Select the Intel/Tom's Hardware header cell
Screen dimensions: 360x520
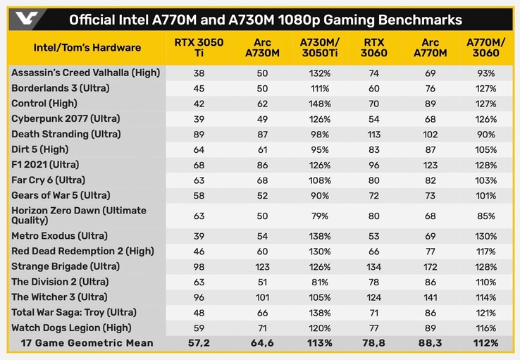87,48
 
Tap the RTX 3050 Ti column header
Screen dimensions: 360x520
199,48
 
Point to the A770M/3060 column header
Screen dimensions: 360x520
485,48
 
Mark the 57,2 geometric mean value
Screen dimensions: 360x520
199,343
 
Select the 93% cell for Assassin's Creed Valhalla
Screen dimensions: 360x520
485,73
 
